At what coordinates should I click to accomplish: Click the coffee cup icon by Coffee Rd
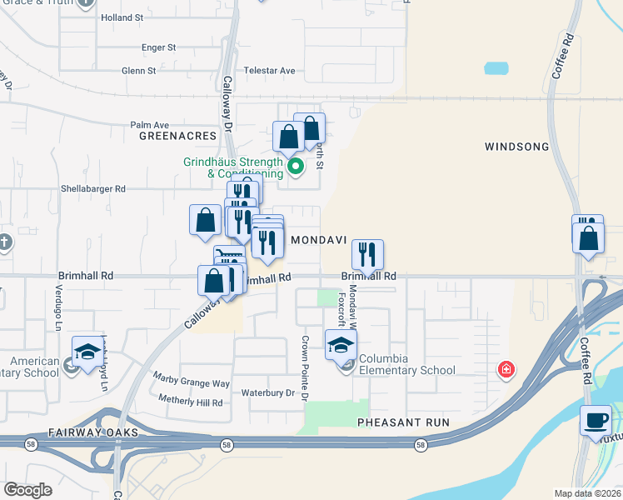(596, 420)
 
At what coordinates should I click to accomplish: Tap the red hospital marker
(505, 369)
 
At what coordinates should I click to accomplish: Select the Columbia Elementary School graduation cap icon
(340, 345)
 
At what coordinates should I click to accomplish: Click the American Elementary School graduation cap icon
(87, 353)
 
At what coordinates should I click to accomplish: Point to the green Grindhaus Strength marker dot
(295, 167)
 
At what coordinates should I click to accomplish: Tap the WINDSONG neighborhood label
(516, 147)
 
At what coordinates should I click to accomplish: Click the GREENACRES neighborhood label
(177, 135)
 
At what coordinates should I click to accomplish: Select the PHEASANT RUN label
(403, 422)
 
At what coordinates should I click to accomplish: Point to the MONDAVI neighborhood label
(317, 239)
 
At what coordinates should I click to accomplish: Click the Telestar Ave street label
(269, 71)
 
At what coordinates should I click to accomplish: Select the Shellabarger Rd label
(92, 188)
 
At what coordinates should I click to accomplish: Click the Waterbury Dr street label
(268, 392)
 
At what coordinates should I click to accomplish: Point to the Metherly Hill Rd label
(188, 402)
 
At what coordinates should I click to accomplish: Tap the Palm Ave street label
(149, 125)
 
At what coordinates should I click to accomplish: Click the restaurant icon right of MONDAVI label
(367, 253)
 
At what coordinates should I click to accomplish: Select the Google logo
(28, 489)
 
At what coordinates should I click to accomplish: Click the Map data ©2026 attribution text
(586, 493)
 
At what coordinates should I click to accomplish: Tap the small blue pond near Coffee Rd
(496, 68)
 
